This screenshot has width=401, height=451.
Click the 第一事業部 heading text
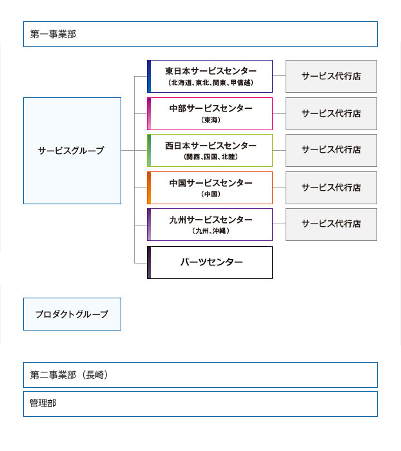(x=54, y=34)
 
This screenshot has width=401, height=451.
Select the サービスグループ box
(x=72, y=151)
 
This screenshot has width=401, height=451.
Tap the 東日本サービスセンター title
(x=211, y=71)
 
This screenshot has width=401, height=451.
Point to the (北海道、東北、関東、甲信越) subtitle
(x=211, y=83)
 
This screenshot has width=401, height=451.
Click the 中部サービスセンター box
(x=210, y=113)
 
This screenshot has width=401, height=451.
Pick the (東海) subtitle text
(x=211, y=120)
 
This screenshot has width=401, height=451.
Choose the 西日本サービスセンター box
(x=210, y=150)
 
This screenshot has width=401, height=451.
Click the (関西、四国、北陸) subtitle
(x=211, y=157)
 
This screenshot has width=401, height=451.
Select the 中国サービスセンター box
(x=210, y=188)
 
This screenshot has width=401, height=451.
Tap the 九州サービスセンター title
(x=211, y=220)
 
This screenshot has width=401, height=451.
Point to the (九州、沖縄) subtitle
(x=211, y=231)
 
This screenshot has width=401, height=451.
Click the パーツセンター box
(x=210, y=262)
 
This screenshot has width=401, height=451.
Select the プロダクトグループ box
(x=72, y=314)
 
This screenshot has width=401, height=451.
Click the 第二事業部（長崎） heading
(x=69, y=375)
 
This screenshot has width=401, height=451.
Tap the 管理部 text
(x=43, y=403)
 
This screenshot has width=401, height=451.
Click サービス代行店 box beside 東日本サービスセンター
(x=331, y=76)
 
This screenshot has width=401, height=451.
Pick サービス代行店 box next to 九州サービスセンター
(x=331, y=225)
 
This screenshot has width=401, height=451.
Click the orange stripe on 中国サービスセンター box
(x=149, y=188)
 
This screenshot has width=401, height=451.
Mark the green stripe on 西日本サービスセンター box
(x=149, y=150)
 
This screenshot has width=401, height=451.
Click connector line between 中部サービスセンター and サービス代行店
(x=279, y=113)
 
